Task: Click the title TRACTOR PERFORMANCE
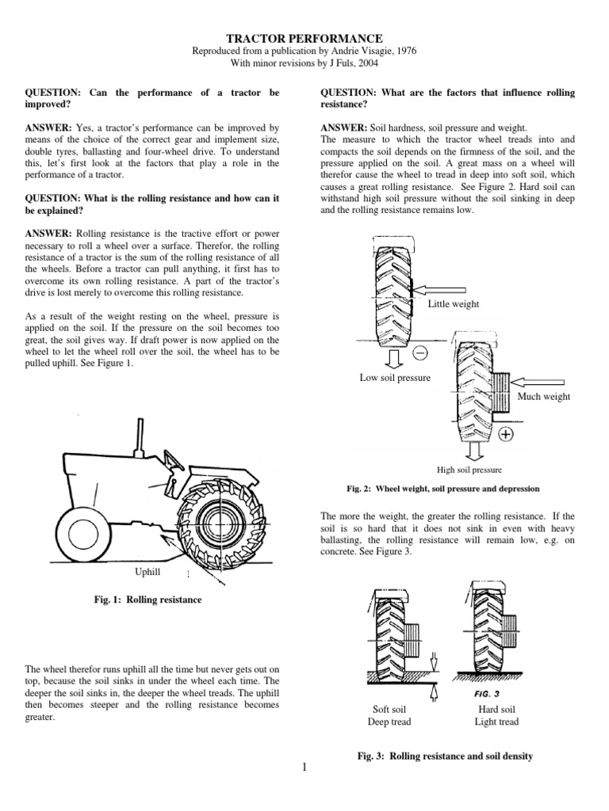[x=305, y=38]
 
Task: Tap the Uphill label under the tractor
[x=149, y=570]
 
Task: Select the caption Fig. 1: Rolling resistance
[x=147, y=600]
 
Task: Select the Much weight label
[x=543, y=396]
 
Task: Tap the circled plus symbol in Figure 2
[x=505, y=434]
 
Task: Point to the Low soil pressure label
[x=395, y=378]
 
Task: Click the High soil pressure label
[x=475, y=470]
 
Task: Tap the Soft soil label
[x=389, y=709]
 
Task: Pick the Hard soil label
[x=496, y=709]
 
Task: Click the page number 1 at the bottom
[x=304, y=767]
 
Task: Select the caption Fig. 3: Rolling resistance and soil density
[x=445, y=756]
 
